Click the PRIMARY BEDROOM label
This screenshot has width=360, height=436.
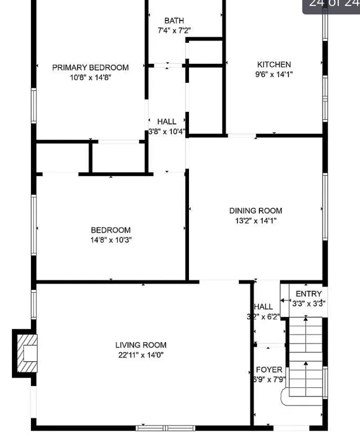coord(90,68)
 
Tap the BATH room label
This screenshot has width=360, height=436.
coord(174,20)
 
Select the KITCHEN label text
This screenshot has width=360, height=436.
coord(274,65)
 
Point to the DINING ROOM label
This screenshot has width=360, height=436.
coord(256,211)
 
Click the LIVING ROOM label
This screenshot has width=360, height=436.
coord(141,345)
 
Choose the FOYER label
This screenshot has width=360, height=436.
coord(269,370)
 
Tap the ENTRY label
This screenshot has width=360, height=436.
coord(309,294)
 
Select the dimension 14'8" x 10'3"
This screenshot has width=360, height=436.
coord(111,240)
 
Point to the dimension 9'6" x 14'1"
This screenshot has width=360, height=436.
coord(274,74)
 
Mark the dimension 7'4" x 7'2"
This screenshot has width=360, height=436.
coord(174,31)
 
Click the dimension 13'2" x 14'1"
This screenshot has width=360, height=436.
coord(256,221)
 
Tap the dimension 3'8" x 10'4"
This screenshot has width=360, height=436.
coord(166,131)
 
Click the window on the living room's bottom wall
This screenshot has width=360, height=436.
coord(166,428)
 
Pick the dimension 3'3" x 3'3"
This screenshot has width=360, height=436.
coord(309,303)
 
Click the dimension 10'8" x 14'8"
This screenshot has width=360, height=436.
coord(90,78)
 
